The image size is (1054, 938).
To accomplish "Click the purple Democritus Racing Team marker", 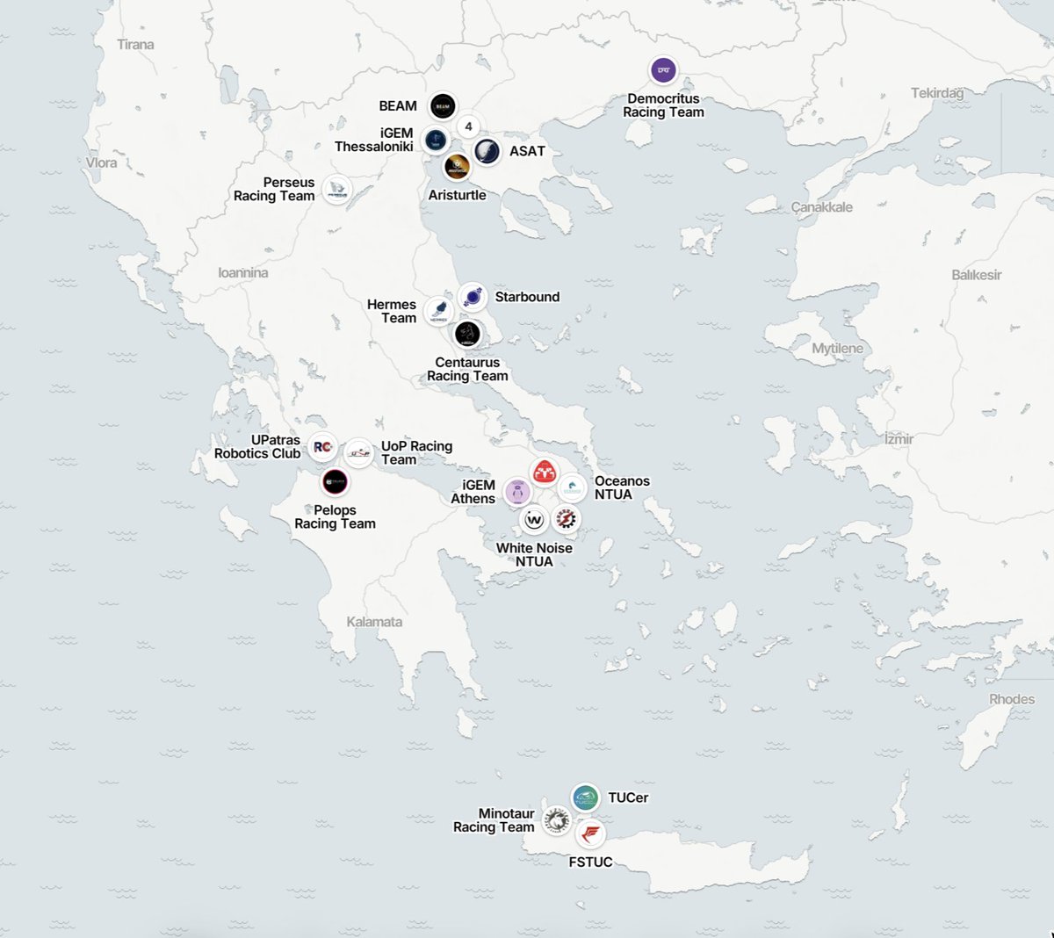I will [663, 70].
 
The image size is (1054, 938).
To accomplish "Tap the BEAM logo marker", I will [443, 106].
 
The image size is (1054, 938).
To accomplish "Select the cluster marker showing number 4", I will [469, 126].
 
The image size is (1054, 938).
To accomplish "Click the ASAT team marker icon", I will [487, 151].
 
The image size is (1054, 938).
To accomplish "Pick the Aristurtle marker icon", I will [457, 166].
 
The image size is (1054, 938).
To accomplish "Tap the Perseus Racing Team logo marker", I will [337, 189].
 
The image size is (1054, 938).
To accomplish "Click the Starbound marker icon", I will [473, 297].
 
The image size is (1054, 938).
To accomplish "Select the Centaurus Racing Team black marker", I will [467, 334].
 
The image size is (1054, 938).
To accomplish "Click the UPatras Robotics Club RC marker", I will [322, 447].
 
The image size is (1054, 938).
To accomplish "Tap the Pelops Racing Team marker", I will [335, 481].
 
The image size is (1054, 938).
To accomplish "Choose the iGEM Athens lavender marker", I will [517, 492].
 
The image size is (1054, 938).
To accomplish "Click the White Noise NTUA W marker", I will [535, 519].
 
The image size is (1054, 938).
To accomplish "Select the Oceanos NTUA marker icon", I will [572, 487].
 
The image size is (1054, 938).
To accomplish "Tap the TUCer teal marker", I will [585, 797].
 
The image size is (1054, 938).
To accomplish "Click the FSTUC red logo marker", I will [591, 833].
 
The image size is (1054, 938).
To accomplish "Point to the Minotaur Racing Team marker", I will [556, 821].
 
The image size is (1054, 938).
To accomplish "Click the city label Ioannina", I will [243, 273].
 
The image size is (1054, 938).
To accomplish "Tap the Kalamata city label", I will [374, 622].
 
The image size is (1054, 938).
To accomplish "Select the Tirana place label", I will [135, 45].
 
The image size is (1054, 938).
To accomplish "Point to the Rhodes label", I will [1012, 699].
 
